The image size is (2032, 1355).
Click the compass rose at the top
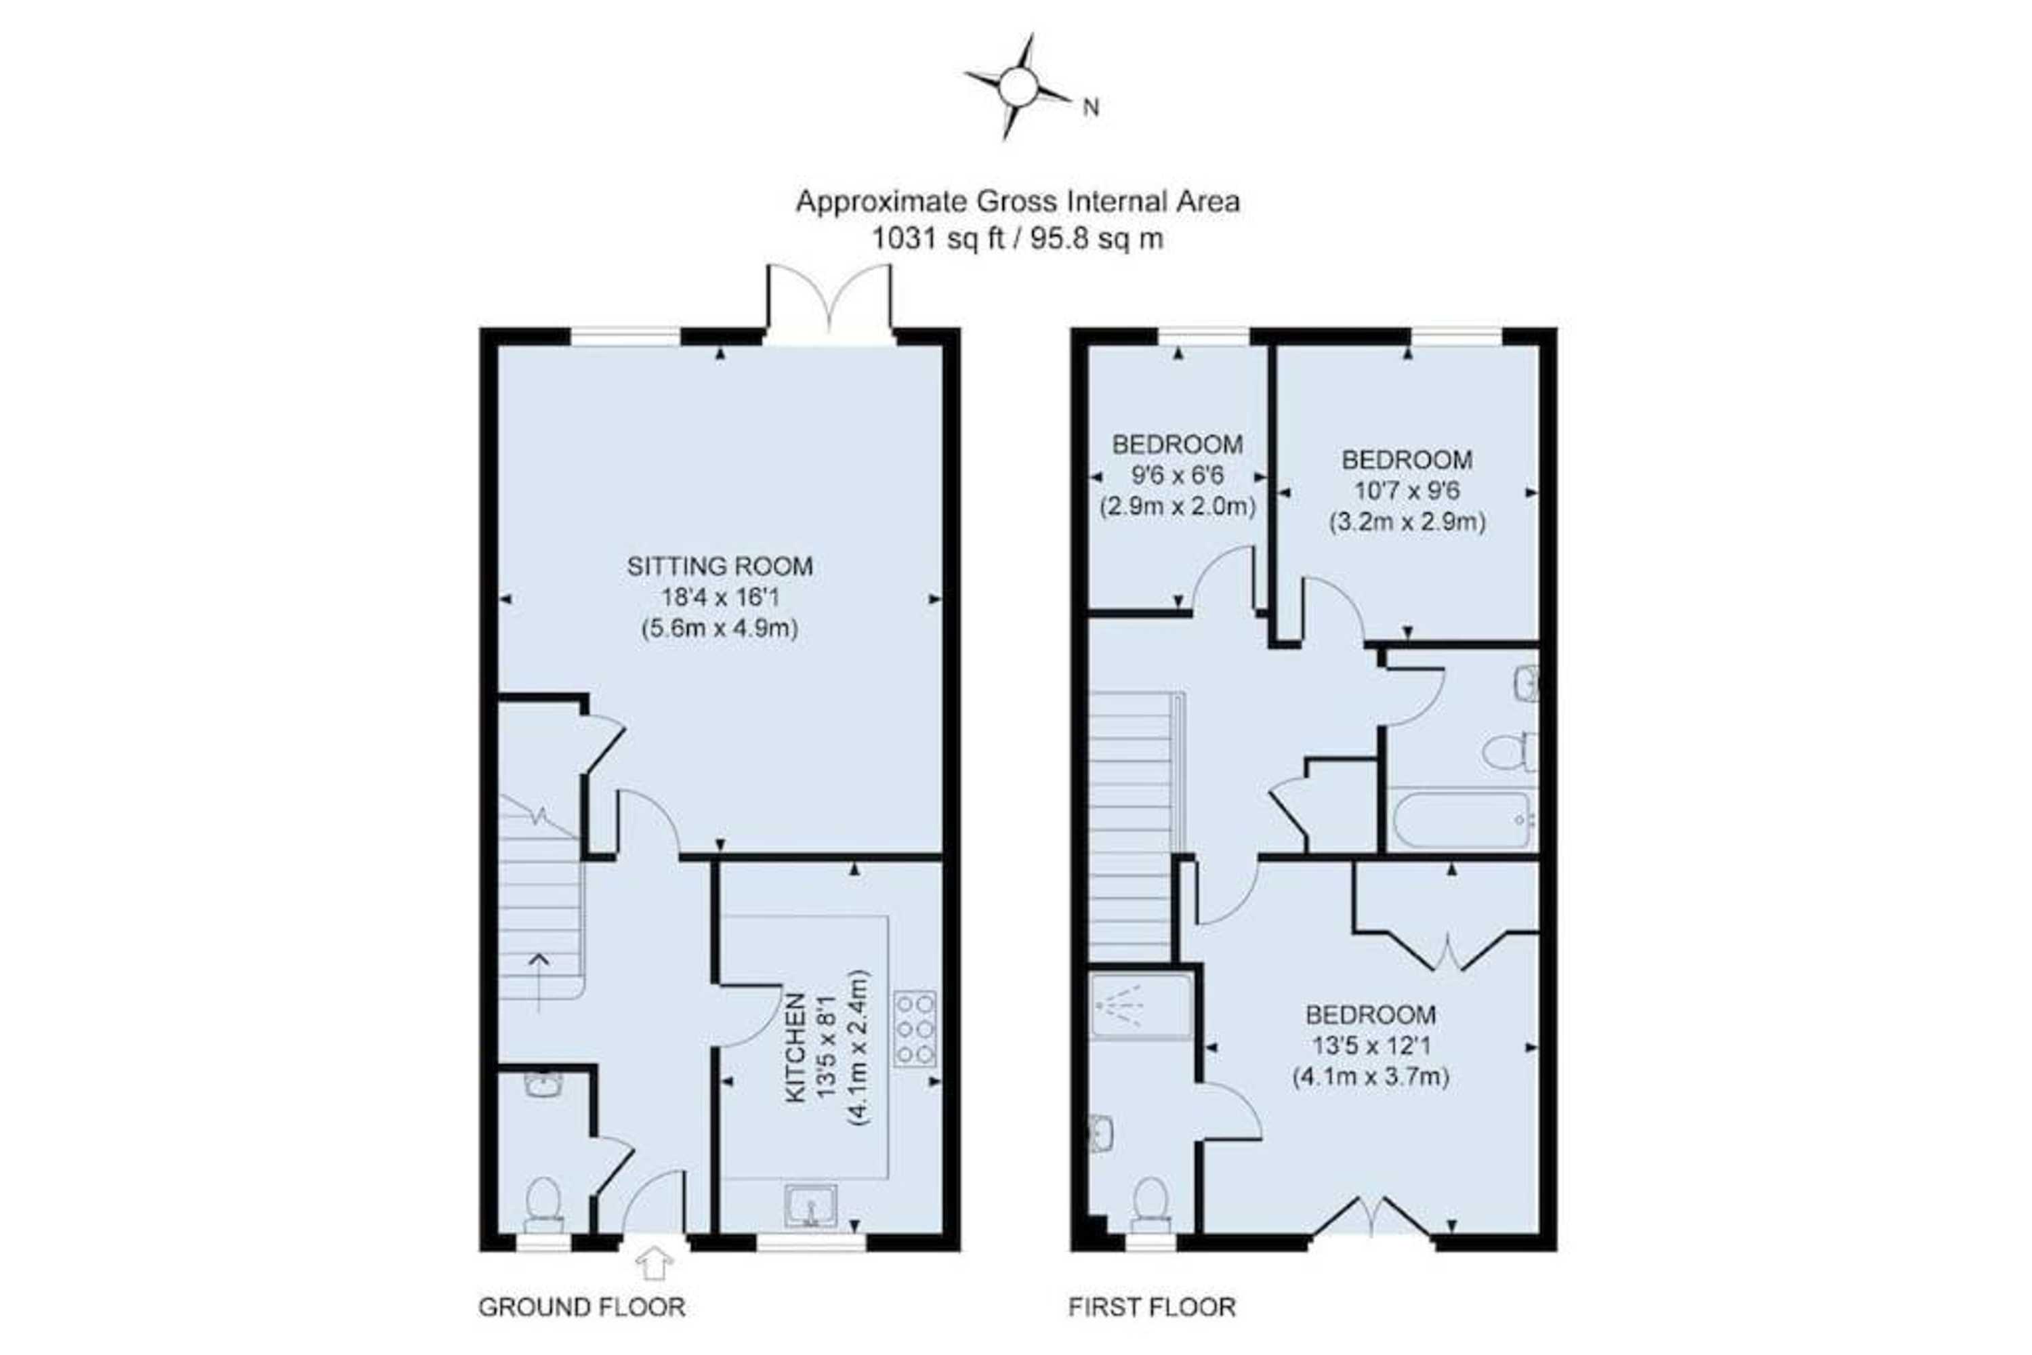(x=1018, y=87)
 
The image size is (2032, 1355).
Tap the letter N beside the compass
(x=1092, y=108)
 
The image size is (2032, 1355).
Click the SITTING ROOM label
(x=719, y=567)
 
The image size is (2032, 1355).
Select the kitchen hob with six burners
(x=915, y=1028)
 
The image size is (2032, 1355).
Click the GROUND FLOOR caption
(x=581, y=1308)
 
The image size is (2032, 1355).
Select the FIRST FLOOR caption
(x=1152, y=1308)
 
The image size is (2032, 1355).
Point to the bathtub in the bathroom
(x=1462, y=820)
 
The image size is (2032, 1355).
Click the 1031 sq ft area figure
(x=937, y=238)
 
